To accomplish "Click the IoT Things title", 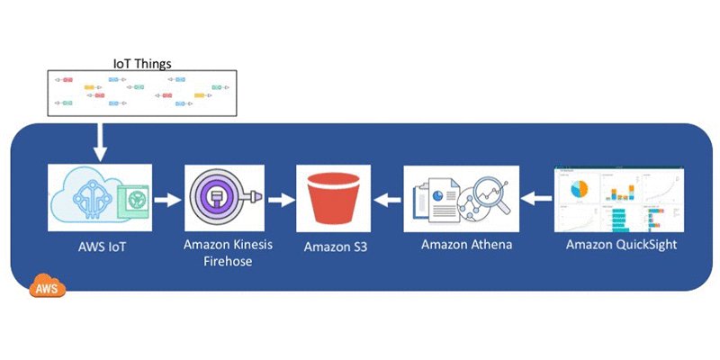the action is point(141,63).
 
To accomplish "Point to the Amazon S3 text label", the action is point(334,246).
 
